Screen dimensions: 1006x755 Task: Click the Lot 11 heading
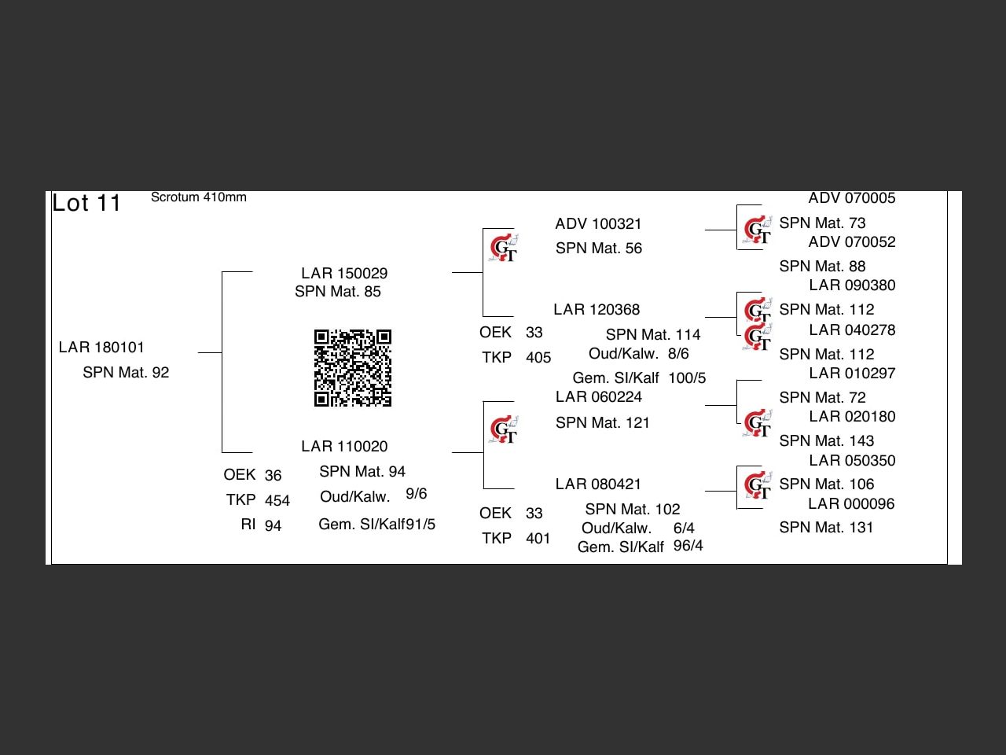point(86,203)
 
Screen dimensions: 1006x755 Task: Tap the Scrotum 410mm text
point(199,197)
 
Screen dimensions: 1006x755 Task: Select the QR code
point(352,367)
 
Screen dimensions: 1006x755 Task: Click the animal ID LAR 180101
point(101,348)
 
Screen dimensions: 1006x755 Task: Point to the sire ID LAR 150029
point(344,273)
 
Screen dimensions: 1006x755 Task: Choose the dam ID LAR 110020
point(344,446)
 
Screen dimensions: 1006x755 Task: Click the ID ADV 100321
point(598,223)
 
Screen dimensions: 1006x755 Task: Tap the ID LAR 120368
point(597,309)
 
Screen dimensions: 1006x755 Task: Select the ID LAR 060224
point(599,396)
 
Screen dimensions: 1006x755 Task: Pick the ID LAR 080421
point(598,484)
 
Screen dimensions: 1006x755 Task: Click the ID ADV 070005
point(851,198)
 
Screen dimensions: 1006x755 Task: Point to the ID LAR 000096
point(851,504)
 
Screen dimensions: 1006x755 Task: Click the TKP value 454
point(277,500)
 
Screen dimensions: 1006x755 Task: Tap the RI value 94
point(273,525)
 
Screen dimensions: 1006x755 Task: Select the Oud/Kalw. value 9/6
point(416,494)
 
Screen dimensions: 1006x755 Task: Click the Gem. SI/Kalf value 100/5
point(687,378)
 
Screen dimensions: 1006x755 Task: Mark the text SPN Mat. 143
point(826,440)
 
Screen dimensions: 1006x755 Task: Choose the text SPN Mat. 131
point(826,527)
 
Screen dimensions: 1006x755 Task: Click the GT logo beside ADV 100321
point(503,248)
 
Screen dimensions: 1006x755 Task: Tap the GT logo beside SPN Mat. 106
point(757,485)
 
